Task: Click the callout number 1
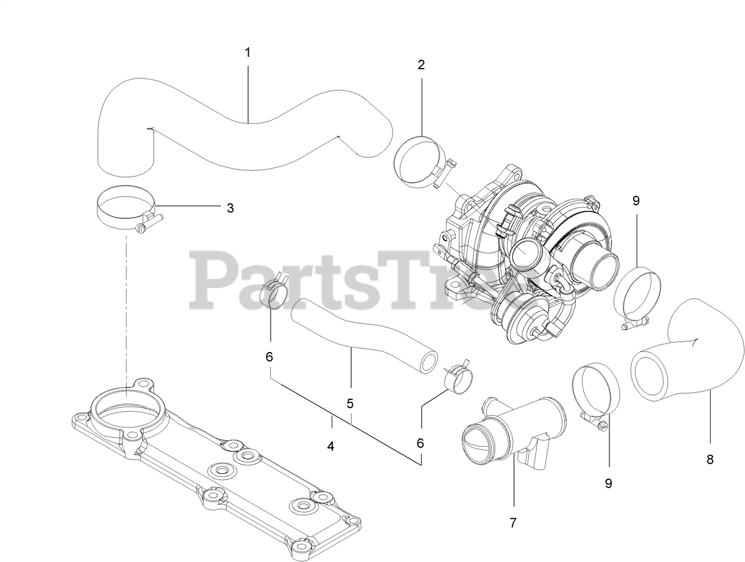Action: (x=248, y=52)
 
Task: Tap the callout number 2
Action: (x=421, y=64)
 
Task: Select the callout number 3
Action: (x=230, y=208)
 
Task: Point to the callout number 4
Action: (x=330, y=446)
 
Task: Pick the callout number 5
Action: (x=350, y=403)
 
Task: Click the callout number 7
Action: (x=513, y=522)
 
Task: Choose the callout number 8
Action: (x=710, y=458)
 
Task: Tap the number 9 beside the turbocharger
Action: (x=636, y=201)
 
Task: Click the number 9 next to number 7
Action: (x=608, y=483)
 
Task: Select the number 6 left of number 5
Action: (x=269, y=357)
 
